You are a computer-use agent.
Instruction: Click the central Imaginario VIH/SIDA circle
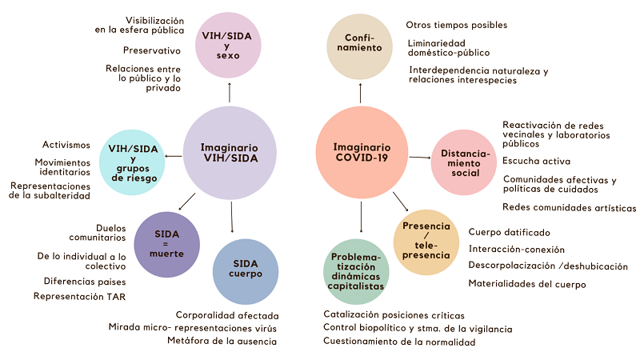click(x=230, y=153)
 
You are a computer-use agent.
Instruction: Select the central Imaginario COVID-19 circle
click(x=362, y=153)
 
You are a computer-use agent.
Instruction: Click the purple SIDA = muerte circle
click(x=166, y=242)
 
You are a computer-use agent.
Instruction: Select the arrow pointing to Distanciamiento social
click(x=419, y=158)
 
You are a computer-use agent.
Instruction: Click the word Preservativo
click(x=153, y=50)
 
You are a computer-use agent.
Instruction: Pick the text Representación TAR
click(x=79, y=296)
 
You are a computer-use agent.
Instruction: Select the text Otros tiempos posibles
click(x=456, y=25)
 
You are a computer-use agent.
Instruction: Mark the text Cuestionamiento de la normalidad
click(x=399, y=342)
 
